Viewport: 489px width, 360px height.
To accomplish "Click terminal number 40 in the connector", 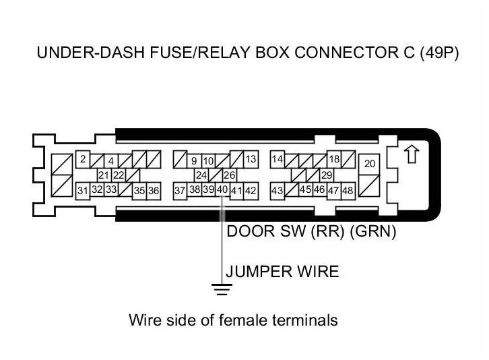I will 222,190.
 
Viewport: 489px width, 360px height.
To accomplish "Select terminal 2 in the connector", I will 82,160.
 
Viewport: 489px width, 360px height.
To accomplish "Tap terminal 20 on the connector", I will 369,164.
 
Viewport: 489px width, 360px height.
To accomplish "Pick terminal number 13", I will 251,160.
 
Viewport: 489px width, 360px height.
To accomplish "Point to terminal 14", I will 277,160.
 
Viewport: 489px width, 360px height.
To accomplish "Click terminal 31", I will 82,191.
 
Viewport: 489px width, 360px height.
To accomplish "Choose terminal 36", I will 154,191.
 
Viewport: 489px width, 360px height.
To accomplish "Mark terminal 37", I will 180,191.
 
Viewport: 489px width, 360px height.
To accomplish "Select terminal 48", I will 348,191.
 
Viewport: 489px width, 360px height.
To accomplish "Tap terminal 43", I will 277,191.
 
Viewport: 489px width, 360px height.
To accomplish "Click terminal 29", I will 327,175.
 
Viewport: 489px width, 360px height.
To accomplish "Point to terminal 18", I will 333,160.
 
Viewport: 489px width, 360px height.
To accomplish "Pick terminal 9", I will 194,161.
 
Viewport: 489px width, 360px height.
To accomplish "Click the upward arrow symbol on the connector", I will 410,154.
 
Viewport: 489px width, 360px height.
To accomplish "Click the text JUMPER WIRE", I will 282,272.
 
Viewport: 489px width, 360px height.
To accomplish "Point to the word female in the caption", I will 223,320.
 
